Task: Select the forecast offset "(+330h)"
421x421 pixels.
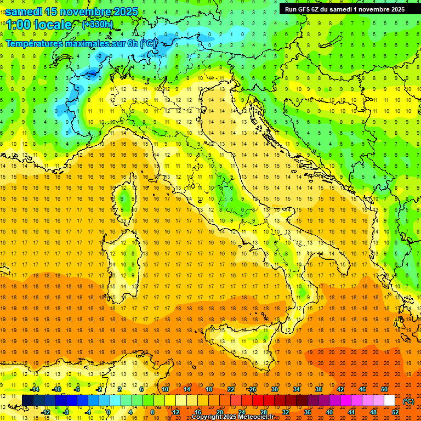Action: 98,25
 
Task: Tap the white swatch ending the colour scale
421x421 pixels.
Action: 389,401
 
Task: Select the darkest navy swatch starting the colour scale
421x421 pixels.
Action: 27,401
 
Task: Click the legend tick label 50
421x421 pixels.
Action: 384,389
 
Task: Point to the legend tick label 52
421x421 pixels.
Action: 395,412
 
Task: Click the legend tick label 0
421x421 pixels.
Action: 109,412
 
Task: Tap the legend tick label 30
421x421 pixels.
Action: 274,389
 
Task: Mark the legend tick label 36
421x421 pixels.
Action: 308,412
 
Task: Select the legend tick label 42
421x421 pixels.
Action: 340,389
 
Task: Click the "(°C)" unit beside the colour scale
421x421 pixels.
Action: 408,401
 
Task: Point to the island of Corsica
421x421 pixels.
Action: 127,200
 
